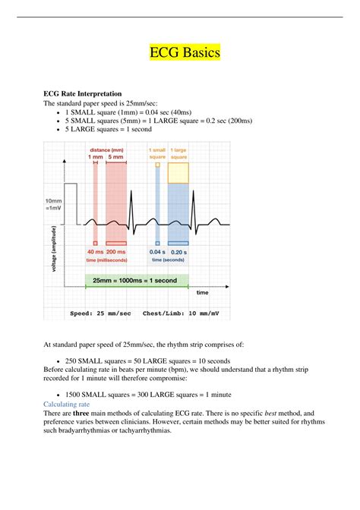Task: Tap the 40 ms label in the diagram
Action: point(96,252)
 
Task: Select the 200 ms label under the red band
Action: point(117,252)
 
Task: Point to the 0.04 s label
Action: point(157,252)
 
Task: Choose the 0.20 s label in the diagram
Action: point(178,252)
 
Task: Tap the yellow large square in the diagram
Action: point(178,172)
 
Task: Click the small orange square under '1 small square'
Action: point(157,164)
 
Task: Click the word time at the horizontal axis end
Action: point(203,292)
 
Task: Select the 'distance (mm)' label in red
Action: point(106,150)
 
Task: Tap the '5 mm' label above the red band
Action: point(116,157)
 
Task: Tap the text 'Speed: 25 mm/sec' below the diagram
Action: point(101,313)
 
